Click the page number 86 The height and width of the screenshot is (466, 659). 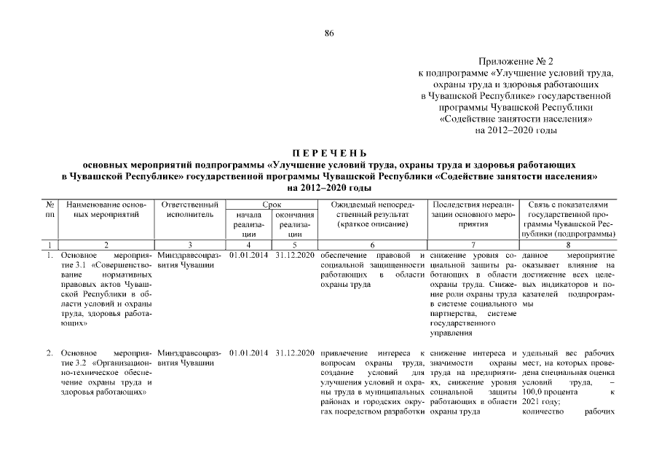[329, 33]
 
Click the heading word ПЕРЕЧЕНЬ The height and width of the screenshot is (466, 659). [329, 153]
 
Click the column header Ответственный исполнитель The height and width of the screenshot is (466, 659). [189, 210]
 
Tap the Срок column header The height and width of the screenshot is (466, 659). [272, 206]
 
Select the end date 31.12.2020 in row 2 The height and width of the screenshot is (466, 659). [295, 354]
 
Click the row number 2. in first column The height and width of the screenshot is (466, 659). [50, 354]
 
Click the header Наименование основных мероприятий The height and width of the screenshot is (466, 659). [106, 210]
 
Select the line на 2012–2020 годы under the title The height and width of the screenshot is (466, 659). [329, 187]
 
